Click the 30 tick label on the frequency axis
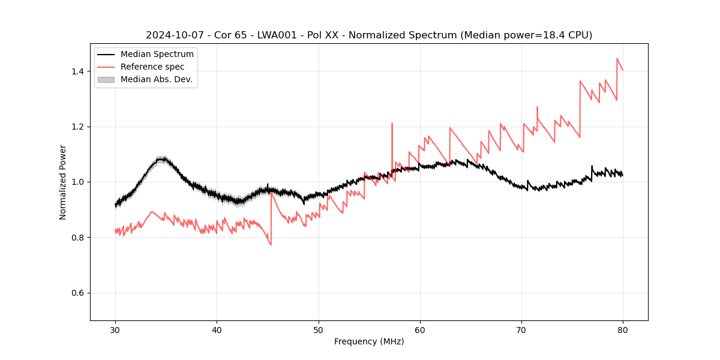[115, 330]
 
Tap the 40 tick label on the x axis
[217, 330]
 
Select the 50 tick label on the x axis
[318, 330]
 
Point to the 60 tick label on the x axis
[420, 330]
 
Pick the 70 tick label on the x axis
[521, 330]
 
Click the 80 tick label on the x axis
[623, 330]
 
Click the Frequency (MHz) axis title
[369, 341]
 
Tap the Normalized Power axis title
[63, 182]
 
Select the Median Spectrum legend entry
[157, 55]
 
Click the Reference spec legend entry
[152, 67]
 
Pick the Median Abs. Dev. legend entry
[156, 79]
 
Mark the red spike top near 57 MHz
[392, 124]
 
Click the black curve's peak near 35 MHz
[161, 159]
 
